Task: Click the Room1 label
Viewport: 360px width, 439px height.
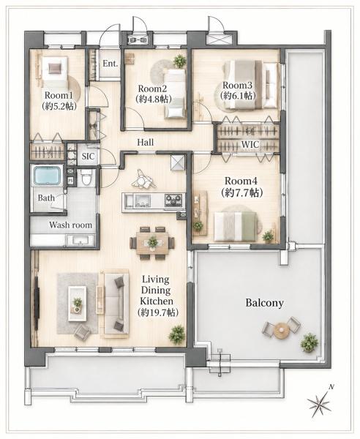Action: coord(59,95)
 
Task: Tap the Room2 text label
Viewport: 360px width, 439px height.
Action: coord(153,89)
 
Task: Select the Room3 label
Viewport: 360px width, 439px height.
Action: coord(237,85)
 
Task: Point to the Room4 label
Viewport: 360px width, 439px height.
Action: coord(241,181)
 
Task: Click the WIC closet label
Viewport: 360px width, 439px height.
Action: coord(250,145)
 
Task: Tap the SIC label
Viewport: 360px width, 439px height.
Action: coord(88,157)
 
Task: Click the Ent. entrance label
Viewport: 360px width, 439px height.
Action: coord(110,64)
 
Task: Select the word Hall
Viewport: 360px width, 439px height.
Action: coord(146,142)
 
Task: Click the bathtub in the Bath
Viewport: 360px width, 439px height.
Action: coord(48,176)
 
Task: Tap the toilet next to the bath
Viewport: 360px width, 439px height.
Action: coord(86,177)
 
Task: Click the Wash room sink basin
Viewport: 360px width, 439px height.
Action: coord(80,240)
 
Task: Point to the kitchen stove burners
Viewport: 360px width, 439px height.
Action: coord(174,200)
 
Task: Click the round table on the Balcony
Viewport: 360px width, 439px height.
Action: coord(281,331)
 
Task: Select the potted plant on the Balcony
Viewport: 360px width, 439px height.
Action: coord(309,343)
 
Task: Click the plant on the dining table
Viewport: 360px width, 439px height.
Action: coord(153,242)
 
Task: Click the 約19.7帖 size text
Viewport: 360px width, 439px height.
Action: coord(158,312)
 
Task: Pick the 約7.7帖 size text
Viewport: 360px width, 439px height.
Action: coord(241,192)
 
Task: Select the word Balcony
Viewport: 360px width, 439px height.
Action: coord(265,303)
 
